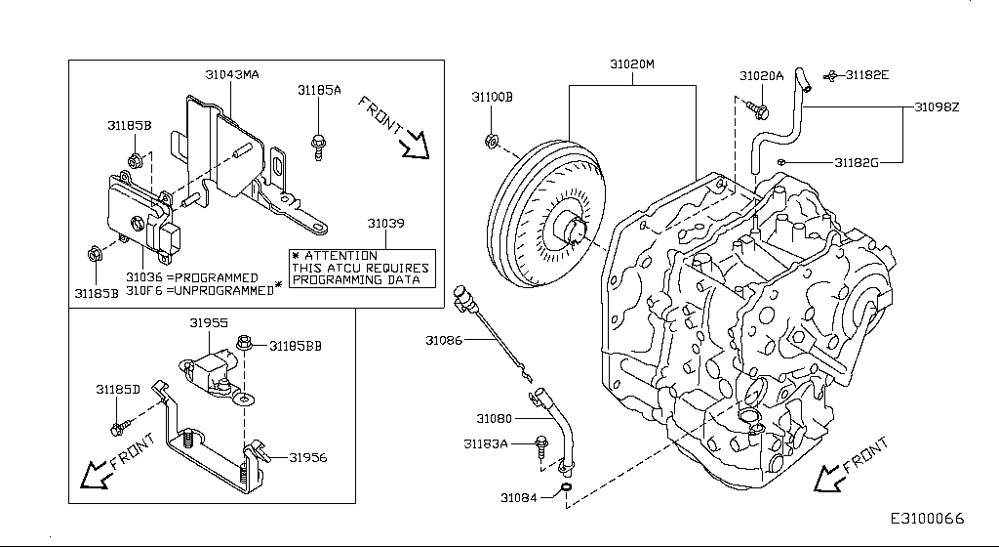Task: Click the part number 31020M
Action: coord(632,64)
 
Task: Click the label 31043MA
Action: coord(231,74)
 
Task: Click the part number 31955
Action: coord(208,321)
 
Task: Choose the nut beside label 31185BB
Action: coord(244,344)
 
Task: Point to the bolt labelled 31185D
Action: coord(120,426)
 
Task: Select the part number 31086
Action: coord(444,340)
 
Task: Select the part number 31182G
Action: coord(857,162)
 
